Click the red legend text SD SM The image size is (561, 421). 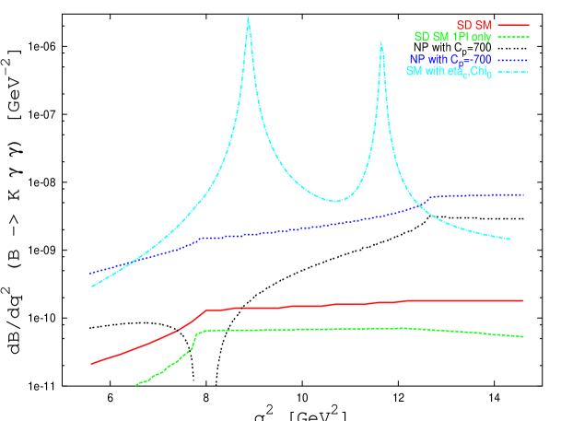tap(475, 25)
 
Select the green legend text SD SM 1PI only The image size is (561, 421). tap(452, 38)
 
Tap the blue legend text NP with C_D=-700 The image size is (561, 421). tap(450, 60)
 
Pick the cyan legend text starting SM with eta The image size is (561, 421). tap(449, 73)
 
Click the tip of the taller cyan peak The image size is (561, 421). tap(248, 17)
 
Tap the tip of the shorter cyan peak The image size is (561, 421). tap(381, 42)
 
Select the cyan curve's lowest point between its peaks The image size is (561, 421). tap(337, 201)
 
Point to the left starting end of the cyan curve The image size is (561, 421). tap(92, 286)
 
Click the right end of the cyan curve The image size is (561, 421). tap(510, 240)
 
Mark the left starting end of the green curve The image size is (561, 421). tap(136, 384)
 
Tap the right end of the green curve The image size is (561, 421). tap(523, 336)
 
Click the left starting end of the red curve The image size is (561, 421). tap(91, 363)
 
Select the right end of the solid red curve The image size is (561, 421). tap(523, 300)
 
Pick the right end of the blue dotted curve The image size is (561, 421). tap(524, 194)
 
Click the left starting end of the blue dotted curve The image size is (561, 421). tap(90, 273)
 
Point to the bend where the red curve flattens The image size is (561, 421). tap(206, 310)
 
